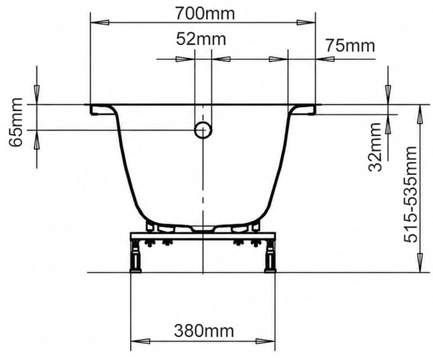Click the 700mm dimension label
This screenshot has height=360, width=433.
tap(205, 13)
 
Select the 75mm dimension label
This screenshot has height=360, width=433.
tap(350, 46)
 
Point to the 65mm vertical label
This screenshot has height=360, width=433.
tap(15, 122)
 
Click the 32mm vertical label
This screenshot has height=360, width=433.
tap(375, 147)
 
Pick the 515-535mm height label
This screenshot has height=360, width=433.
tap(410, 194)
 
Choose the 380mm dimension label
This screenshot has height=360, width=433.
tap(204, 330)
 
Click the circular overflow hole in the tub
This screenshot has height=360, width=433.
tap(203, 130)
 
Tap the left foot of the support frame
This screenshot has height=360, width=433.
tap(135, 256)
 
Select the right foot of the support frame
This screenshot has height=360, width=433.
tap(270, 256)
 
